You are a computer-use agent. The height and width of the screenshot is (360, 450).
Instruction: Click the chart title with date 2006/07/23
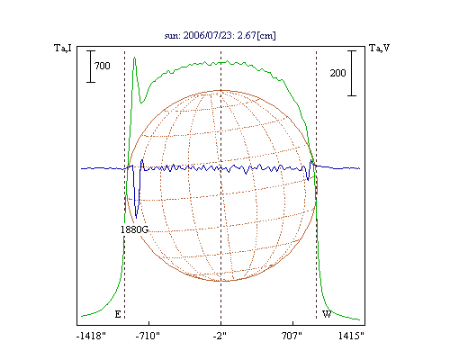(220, 35)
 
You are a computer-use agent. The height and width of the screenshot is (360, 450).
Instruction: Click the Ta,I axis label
(63, 48)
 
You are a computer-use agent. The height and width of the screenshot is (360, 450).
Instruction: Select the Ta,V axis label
(379, 48)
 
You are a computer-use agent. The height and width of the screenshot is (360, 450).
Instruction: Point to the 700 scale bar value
(103, 66)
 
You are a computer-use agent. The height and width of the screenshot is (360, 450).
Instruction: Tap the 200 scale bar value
(337, 73)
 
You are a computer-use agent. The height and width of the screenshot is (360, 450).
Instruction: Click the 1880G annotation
(134, 229)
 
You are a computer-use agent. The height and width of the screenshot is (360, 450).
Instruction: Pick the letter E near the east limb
(118, 314)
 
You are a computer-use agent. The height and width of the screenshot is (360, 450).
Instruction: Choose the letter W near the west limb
(327, 314)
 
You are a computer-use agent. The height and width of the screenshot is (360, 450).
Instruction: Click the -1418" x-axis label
(91, 336)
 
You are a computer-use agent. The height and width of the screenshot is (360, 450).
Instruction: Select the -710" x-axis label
(148, 336)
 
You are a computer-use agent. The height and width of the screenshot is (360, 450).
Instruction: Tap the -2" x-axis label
(220, 336)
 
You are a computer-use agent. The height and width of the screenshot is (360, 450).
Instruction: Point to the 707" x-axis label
(292, 336)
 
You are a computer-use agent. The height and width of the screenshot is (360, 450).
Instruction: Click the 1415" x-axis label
(351, 336)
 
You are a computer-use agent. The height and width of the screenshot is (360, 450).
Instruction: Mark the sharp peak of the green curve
(135, 58)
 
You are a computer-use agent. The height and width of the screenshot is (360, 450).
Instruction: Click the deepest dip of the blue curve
(136, 218)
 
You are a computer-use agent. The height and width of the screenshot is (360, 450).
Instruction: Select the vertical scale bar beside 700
(91, 67)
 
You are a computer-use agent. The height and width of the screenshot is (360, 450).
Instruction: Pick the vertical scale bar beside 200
(352, 73)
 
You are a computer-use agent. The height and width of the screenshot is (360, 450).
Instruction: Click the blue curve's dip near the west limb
(308, 180)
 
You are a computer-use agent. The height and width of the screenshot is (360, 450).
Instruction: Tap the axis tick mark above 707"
(292, 323)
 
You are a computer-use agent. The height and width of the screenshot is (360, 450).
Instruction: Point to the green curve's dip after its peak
(141, 103)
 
